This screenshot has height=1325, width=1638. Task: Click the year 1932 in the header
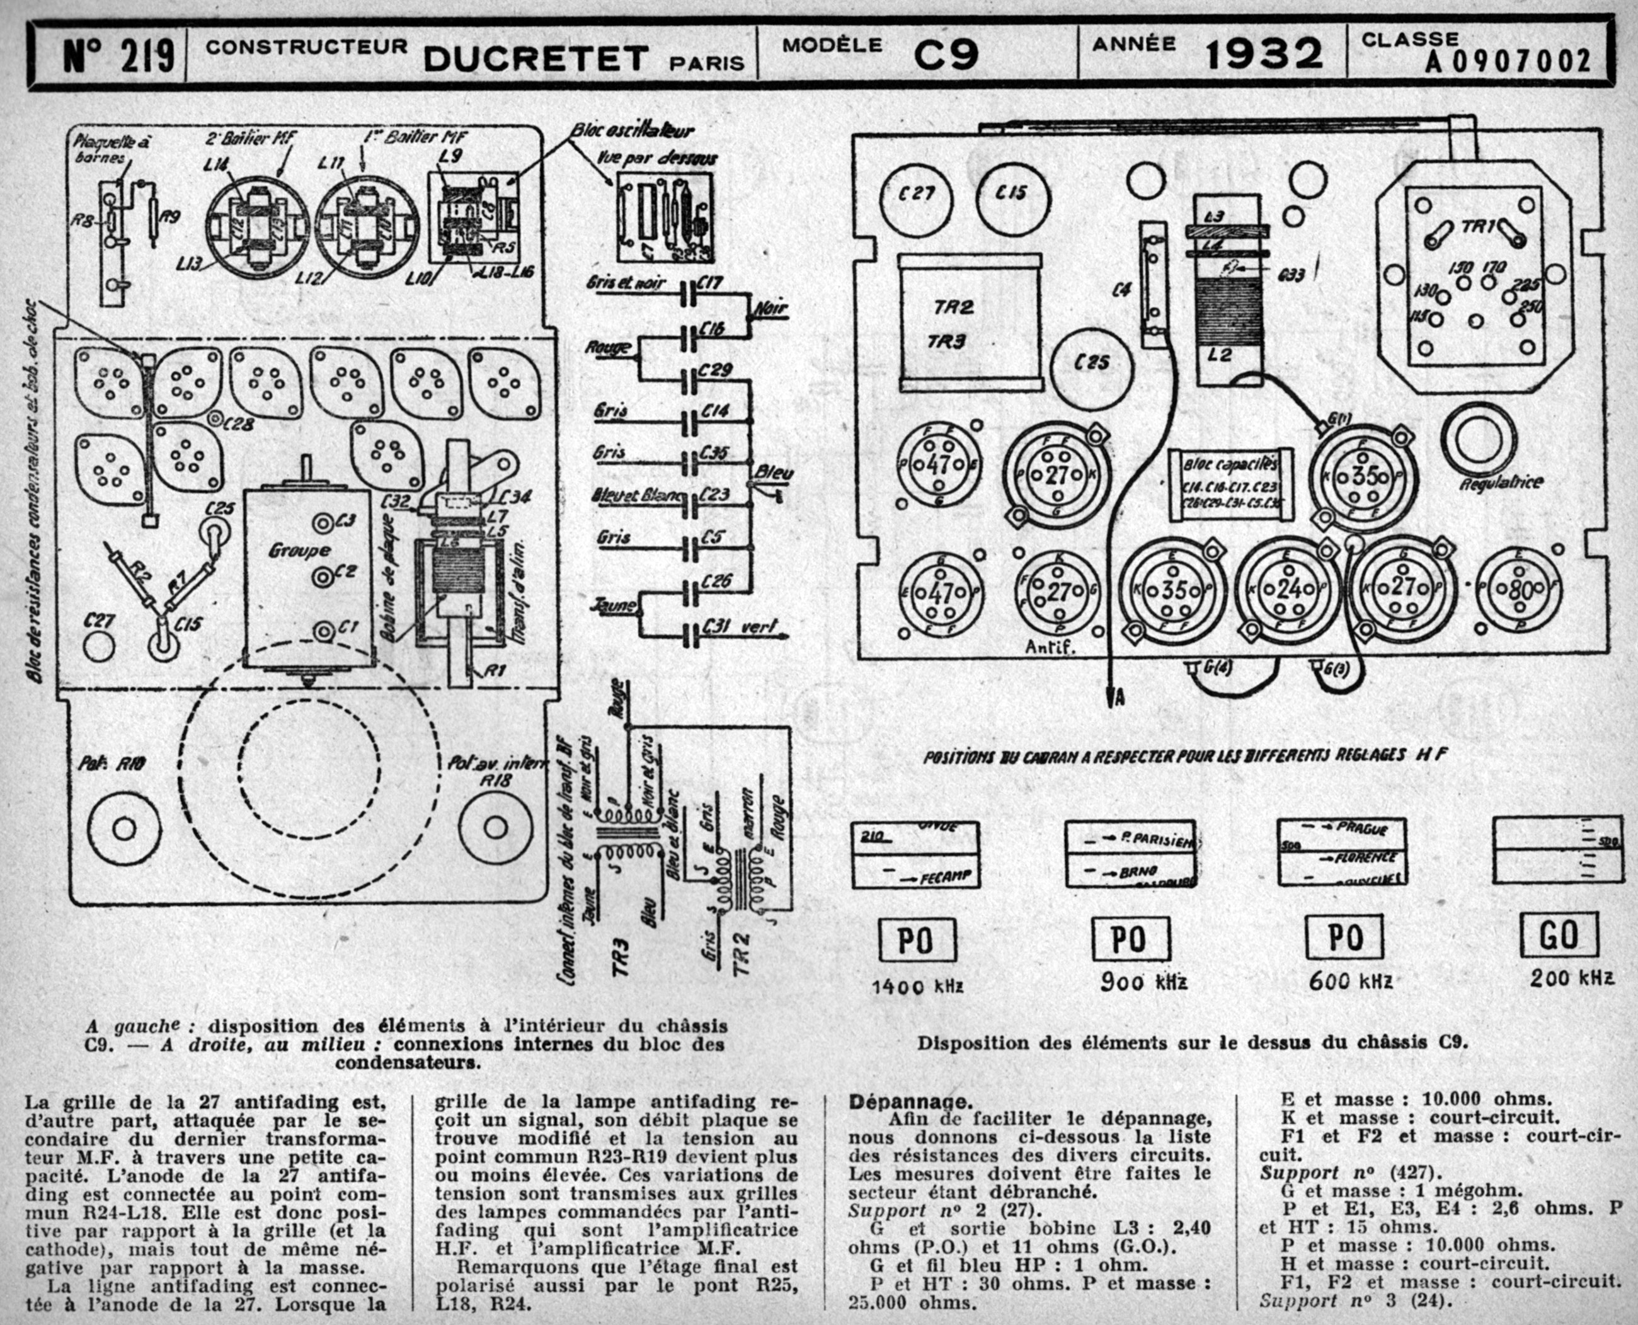pos(1264,54)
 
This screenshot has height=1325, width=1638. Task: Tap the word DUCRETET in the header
pos(536,58)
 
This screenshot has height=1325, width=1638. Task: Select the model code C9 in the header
pos(946,54)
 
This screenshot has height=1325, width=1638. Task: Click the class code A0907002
pos(1508,61)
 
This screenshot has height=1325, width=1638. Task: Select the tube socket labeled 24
pos(1288,589)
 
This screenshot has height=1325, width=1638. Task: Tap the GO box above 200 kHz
pos(1558,936)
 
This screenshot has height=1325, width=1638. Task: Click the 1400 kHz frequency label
pos(917,985)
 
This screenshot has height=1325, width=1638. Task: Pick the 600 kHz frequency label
pos(1350,982)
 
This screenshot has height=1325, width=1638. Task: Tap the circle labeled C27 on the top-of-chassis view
pos(917,194)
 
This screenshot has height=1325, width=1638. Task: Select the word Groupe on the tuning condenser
pos(299,549)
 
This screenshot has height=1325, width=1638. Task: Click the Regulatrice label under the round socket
pos(1501,483)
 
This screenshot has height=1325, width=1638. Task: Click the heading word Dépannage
pos(910,1102)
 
